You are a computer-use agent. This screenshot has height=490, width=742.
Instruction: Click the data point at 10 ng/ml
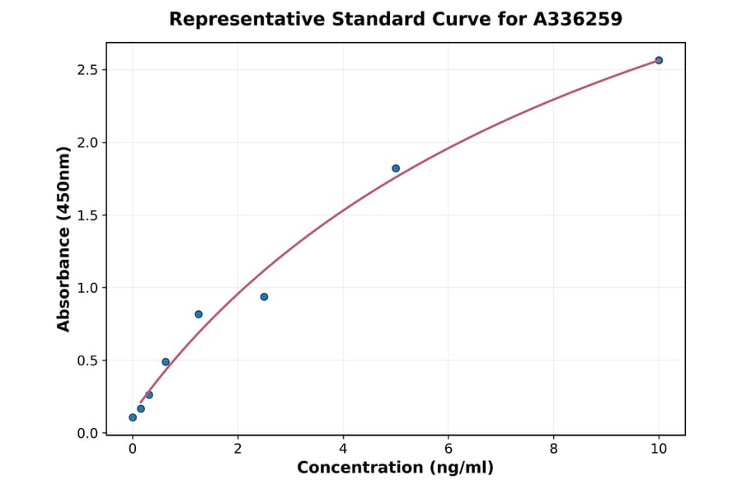659,60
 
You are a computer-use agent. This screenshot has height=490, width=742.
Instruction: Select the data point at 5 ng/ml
396,168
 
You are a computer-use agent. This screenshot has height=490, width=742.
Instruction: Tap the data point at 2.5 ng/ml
264,297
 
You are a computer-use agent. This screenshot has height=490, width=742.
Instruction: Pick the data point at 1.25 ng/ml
199,314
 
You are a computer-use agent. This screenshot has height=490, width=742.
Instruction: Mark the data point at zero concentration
133,417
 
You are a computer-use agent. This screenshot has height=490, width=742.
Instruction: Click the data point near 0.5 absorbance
166,362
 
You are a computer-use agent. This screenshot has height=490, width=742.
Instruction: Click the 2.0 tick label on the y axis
87,143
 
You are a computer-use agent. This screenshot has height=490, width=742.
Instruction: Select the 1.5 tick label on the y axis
87,215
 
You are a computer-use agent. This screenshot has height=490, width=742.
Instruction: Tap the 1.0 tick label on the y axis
87,288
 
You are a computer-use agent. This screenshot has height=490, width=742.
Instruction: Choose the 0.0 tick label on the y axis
87,433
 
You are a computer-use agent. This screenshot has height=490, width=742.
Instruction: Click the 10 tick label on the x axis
659,449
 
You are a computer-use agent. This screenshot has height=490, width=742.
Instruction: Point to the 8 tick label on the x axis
553,449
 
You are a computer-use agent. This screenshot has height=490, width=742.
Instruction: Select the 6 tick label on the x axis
448,449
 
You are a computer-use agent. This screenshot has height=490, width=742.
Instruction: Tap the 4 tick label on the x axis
343,449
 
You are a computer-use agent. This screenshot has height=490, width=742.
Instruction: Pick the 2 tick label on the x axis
237,449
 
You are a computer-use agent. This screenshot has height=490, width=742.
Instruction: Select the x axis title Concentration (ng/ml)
395,469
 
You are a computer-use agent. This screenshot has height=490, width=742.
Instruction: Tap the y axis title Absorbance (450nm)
64,238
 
